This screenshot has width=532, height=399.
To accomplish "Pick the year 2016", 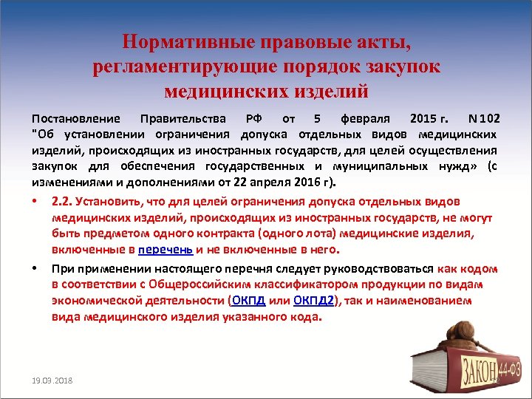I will [x=298, y=182].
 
